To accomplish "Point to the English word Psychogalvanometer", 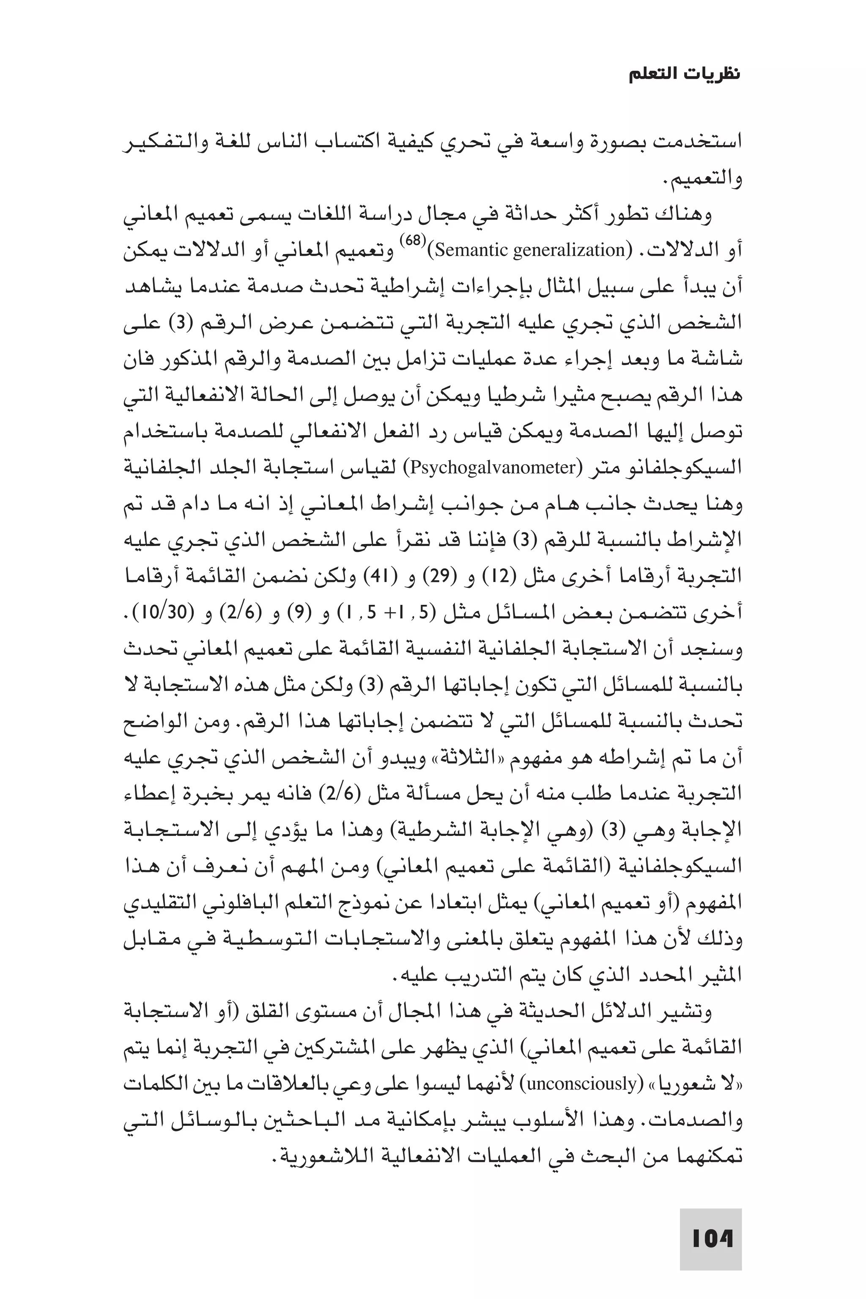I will tap(493, 468).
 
